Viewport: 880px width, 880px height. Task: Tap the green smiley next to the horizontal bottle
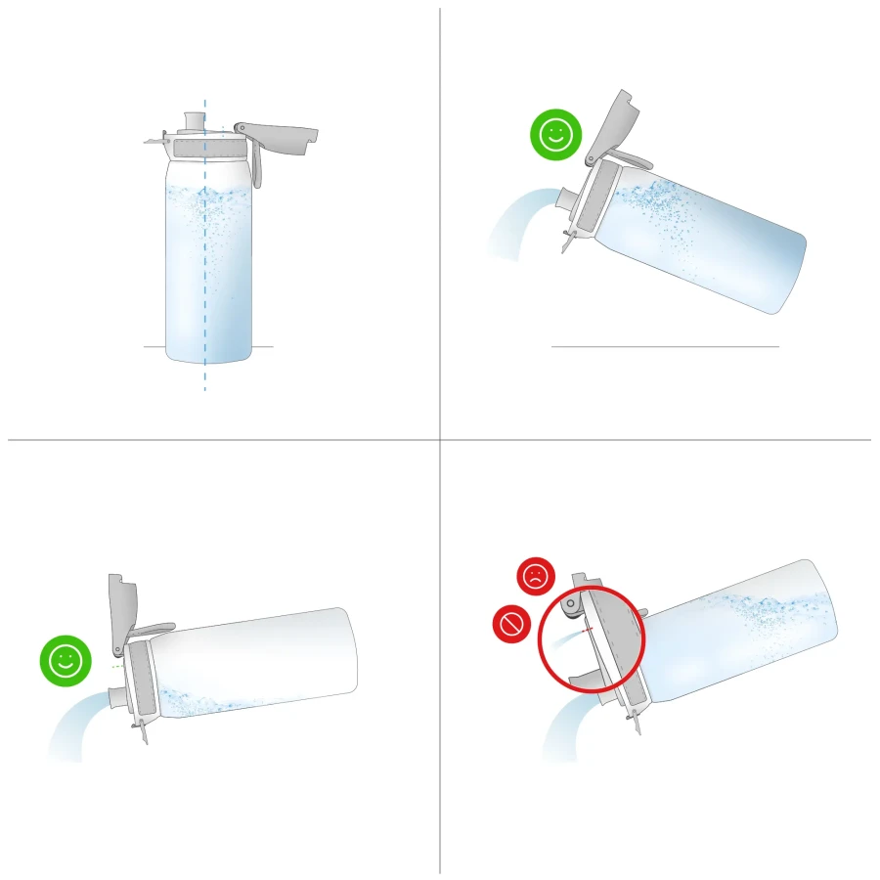[66, 660]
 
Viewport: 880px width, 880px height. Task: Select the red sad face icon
[536, 576]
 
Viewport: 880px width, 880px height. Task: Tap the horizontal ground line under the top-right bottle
[665, 346]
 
